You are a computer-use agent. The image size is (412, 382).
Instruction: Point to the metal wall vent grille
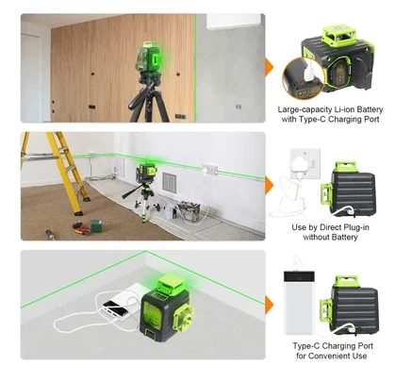(169, 181)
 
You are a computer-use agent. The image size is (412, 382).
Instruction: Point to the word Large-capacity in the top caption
(303, 109)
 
